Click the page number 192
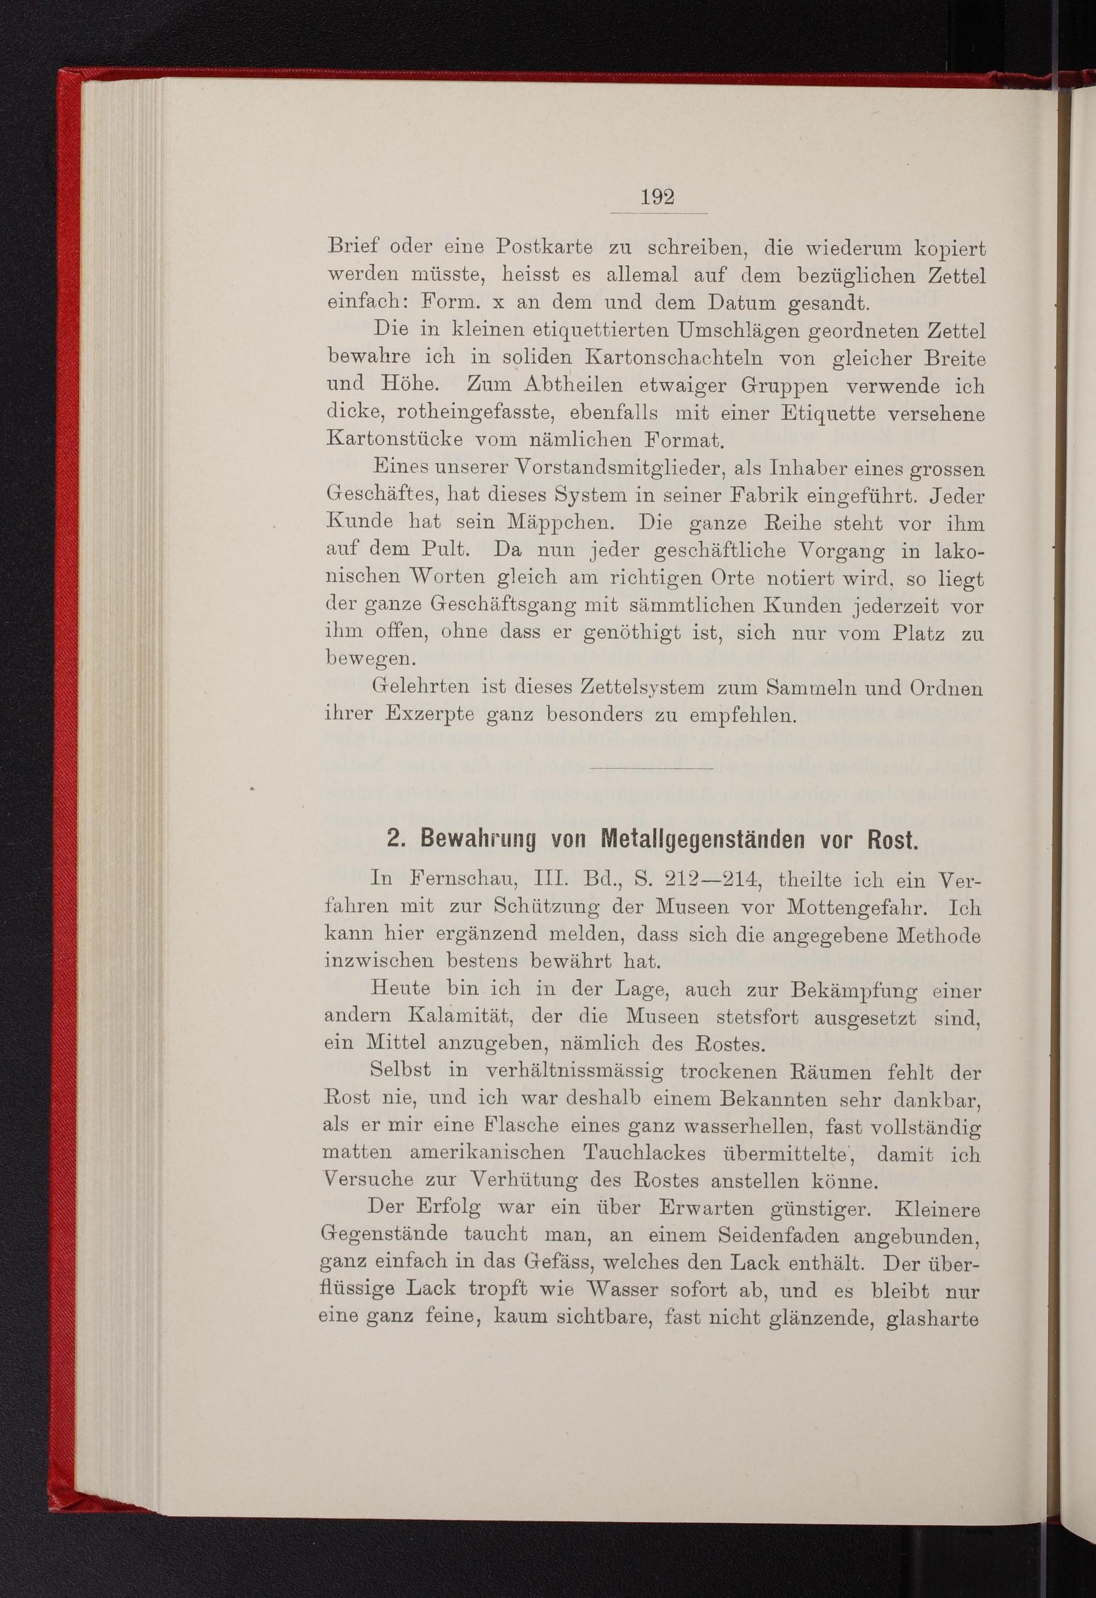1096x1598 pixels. pyautogui.click(x=657, y=197)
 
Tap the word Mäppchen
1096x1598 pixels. pyautogui.click(x=561, y=523)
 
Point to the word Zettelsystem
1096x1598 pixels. pyautogui.click(x=642, y=687)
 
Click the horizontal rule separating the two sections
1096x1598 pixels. pyautogui.click(x=651, y=767)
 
